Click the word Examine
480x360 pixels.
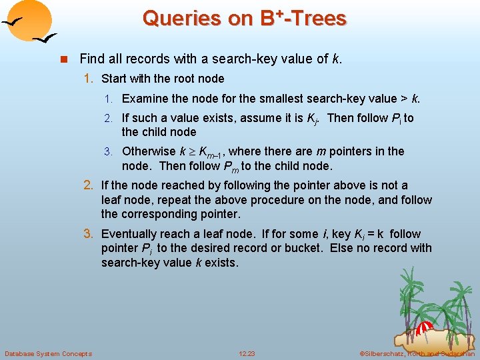point(145,99)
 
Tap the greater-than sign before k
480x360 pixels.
point(403,99)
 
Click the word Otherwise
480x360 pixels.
point(149,151)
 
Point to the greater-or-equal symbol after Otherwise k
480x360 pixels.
point(191,152)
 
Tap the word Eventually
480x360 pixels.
point(130,234)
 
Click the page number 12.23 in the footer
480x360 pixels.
point(247,353)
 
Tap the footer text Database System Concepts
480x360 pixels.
point(48,353)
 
